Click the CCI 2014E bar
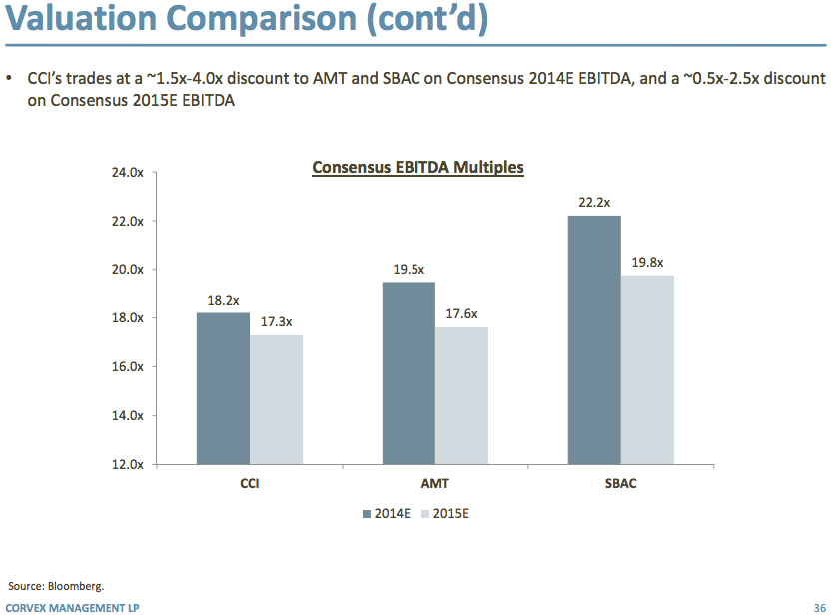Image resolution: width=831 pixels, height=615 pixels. [223, 388]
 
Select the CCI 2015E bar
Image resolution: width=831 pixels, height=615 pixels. [276, 399]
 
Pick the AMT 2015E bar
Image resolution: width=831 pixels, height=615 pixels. [461, 395]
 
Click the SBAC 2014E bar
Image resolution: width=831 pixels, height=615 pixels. [594, 339]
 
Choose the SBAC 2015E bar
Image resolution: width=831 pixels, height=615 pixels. [647, 369]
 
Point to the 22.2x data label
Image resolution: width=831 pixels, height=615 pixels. [594, 203]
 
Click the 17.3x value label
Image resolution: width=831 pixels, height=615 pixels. [276, 321]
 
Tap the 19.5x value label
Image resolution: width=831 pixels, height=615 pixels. [409, 269]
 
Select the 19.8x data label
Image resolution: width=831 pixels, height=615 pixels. [647, 262]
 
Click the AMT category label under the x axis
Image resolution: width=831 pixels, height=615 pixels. [434, 484]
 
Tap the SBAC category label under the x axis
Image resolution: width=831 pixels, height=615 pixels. [620, 484]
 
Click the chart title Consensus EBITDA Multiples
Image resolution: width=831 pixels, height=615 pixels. [417, 168]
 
